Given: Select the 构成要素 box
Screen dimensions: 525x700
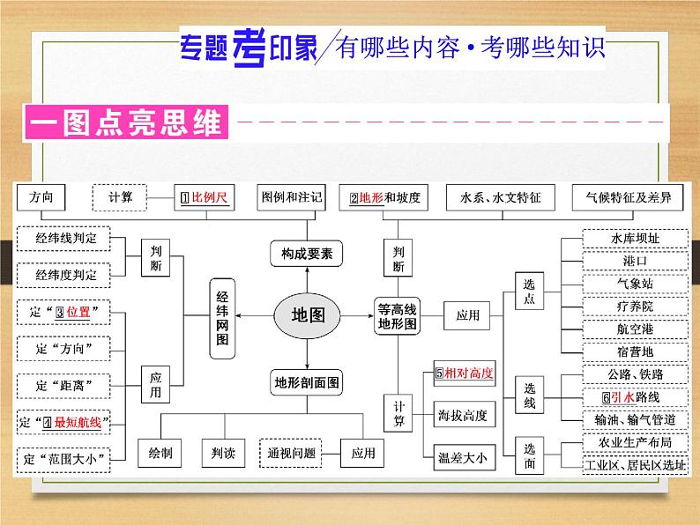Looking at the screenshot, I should pos(306,255).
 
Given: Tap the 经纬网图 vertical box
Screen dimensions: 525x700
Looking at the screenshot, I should pos(222,319).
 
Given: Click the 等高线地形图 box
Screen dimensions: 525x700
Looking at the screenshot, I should pos(398,314).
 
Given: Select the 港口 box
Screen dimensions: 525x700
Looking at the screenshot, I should pos(634,262).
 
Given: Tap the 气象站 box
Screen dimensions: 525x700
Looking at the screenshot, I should pos(634,284).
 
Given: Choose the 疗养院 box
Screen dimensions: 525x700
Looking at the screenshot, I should pos(634,306).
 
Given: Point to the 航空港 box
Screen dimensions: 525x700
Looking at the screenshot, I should pos(634,329).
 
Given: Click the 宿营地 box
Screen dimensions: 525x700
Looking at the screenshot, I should pos(634,351).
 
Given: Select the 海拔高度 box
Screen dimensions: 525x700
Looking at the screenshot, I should pos(463,414).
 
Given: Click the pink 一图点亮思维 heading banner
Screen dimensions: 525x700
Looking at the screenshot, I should pos(125,121).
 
